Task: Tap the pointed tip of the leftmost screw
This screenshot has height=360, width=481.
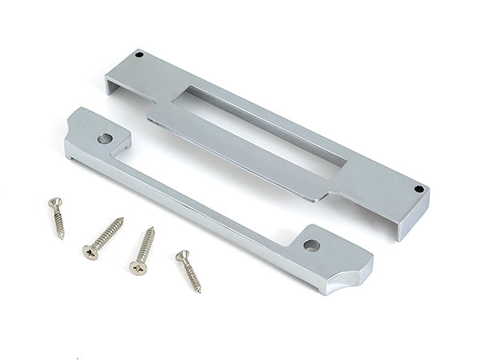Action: (62, 238)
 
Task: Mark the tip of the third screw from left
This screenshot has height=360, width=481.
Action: (152, 229)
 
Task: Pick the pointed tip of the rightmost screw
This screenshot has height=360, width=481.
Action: (200, 292)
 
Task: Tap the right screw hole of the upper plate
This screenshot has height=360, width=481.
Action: (418, 189)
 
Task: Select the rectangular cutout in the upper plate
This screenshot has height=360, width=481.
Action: (265, 128)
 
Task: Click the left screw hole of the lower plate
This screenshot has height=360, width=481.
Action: (103, 138)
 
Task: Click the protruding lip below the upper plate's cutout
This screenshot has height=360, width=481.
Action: (240, 156)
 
